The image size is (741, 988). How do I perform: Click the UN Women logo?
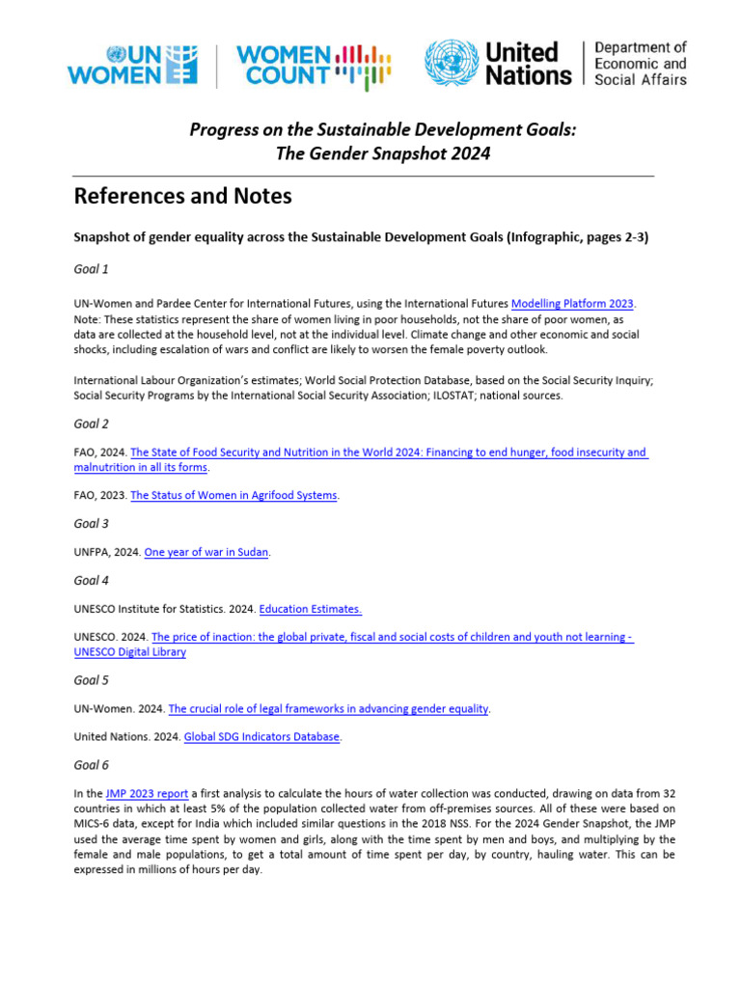pyautogui.click(x=132, y=66)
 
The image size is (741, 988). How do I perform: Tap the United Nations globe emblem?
pyautogui.click(x=452, y=65)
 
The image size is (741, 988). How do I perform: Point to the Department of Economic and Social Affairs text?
pyautogui.click(x=640, y=64)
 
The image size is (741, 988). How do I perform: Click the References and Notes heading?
pyautogui.click(x=182, y=197)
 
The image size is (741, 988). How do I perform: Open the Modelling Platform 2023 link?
pyautogui.click(x=572, y=304)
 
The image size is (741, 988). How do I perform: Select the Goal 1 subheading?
pyautogui.click(x=91, y=269)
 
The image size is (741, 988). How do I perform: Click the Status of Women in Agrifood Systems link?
pyautogui.click(x=234, y=495)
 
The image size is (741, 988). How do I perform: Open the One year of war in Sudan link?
pyautogui.click(x=206, y=552)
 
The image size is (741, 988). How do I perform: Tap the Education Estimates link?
pyautogui.click(x=310, y=609)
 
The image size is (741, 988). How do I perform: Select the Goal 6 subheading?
pyautogui.click(x=91, y=765)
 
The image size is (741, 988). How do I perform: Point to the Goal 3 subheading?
pyautogui.click(x=91, y=524)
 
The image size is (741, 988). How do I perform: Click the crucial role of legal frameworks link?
pyautogui.click(x=329, y=708)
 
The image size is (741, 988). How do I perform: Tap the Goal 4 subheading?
pyautogui.click(x=91, y=581)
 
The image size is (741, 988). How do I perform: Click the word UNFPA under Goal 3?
pyautogui.click(x=92, y=552)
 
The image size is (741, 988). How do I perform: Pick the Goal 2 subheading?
pyautogui.click(x=91, y=424)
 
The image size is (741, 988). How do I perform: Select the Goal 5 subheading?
pyautogui.click(x=91, y=680)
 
